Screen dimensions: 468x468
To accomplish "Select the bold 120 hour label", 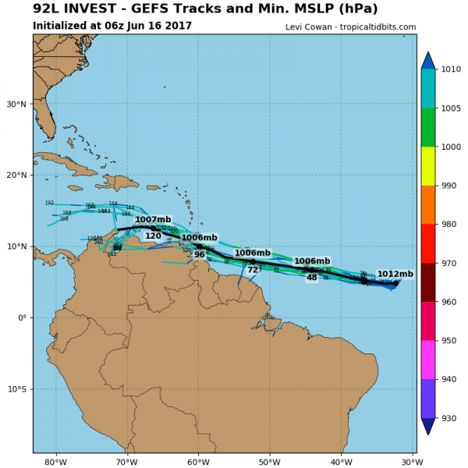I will tap(153, 236).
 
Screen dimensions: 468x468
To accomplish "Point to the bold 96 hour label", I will tap(200, 255).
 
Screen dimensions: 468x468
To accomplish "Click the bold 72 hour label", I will tap(253, 270).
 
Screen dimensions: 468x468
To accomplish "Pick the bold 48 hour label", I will tap(311, 278).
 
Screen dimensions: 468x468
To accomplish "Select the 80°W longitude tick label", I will tap(55, 462).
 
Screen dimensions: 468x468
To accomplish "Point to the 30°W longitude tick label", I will tap(413, 462).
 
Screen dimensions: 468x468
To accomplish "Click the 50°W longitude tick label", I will tap(270, 462).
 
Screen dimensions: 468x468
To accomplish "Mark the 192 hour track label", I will tap(49, 203).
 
